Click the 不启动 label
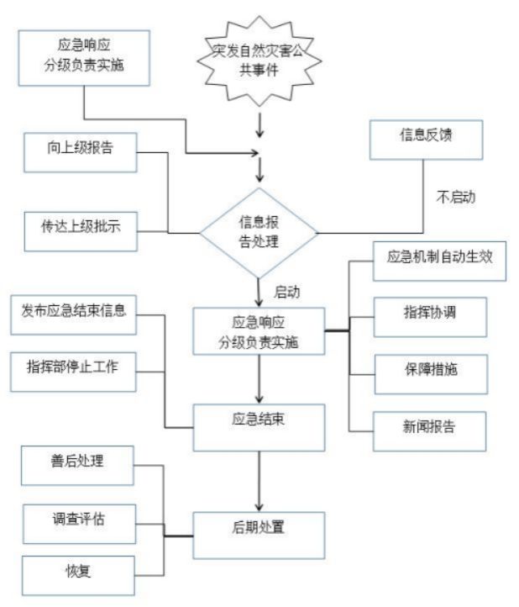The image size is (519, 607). pos(457,198)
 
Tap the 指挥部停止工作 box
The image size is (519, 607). pos(74,367)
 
